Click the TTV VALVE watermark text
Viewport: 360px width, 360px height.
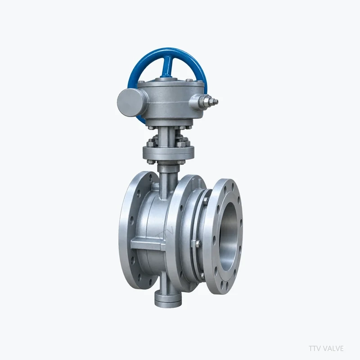point(326,348)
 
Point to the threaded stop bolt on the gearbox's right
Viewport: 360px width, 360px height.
point(208,102)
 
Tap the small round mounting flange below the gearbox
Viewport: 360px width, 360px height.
point(168,153)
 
